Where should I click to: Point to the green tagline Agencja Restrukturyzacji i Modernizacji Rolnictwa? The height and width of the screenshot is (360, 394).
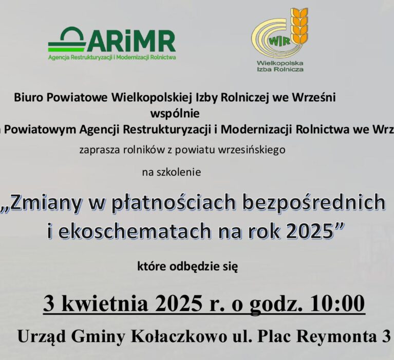pyautogui.click(x=112, y=58)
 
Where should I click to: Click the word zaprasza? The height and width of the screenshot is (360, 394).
pyautogui.click(x=96, y=150)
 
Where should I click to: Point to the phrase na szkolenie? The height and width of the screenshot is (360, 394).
pyautogui.click(x=171, y=172)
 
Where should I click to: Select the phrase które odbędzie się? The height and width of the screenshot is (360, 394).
pyautogui.click(x=187, y=266)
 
